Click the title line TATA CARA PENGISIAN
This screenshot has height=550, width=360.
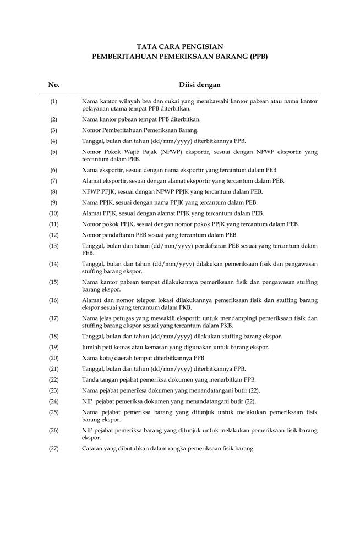[x=179, y=47]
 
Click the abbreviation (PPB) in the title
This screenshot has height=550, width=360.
[x=257, y=56]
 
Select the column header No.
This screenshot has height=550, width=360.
[x=54, y=85]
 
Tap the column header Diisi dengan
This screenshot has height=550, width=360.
[x=200, y=85]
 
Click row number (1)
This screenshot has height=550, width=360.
[x=54, y=102]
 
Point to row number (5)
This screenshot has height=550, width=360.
[x=54, y=151]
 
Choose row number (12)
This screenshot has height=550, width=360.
[x=54, y=235]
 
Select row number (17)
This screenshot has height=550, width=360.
[x=54, y=318]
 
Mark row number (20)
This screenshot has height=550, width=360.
[x=54, y=358]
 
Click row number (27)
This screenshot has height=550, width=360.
[x=54, y=448]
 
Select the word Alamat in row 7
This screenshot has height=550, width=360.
[x=91, y=180]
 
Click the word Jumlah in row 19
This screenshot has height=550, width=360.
[x=92, y=346]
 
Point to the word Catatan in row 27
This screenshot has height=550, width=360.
[x=92, y=448]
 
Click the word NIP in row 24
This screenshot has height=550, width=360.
[x=87, y=401]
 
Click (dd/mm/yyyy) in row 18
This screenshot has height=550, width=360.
[x=168, y=336]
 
